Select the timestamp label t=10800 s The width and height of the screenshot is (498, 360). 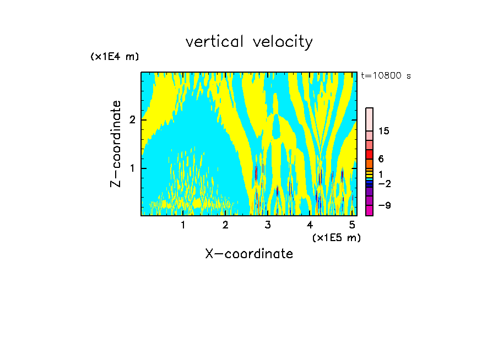(x=386, y=76)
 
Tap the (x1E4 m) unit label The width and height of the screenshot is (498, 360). (x=115, y=57)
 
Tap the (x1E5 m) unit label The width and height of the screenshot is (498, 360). (x=337, y=237)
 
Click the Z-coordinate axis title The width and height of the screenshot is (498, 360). (x=116, y=144)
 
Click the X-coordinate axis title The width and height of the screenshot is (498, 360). (x=249, y=254)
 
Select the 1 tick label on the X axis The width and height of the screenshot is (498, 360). (x=183, y=225)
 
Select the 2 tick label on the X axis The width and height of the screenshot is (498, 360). (x=225, y=225)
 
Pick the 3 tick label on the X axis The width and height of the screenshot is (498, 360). (x=268, y=225)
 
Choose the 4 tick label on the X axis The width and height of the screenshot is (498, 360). (x=310, y=225)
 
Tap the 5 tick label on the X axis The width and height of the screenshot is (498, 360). (x=352, y=225)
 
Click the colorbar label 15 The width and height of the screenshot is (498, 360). (x=384, y=131)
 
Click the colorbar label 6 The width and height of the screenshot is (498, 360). (x=381, y=159)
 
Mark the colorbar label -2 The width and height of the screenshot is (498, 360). (x=385, y=183)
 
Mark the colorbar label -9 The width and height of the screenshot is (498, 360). (x=385, y=205)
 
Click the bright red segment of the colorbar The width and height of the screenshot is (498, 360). (x=370, y=154)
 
